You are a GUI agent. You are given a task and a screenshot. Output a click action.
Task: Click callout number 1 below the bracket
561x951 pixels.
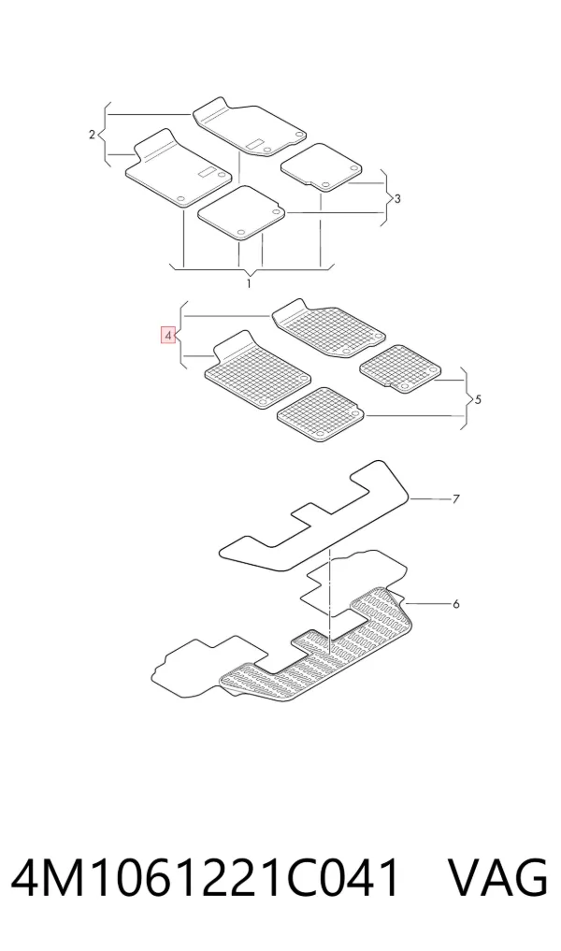point(248,284)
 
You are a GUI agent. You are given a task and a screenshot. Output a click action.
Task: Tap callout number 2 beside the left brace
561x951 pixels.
point(92,134)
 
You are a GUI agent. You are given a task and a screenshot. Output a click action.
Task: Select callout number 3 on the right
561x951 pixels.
point(397,198)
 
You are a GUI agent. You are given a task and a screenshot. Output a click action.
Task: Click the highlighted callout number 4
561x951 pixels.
point(168,335)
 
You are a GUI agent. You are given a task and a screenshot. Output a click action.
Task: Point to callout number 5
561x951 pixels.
point(479,399)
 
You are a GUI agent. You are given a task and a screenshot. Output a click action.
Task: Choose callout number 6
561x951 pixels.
point(455,603)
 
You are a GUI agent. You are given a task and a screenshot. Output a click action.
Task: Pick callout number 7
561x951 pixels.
point(455,499)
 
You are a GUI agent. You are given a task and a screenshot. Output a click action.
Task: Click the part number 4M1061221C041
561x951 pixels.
point(206,878)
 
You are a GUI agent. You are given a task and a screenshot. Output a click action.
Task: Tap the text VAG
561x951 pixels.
point(498,878)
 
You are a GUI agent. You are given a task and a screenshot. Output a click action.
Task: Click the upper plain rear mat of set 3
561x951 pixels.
point(322,166)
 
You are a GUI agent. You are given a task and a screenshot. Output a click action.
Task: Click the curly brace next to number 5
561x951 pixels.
point(468,398)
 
